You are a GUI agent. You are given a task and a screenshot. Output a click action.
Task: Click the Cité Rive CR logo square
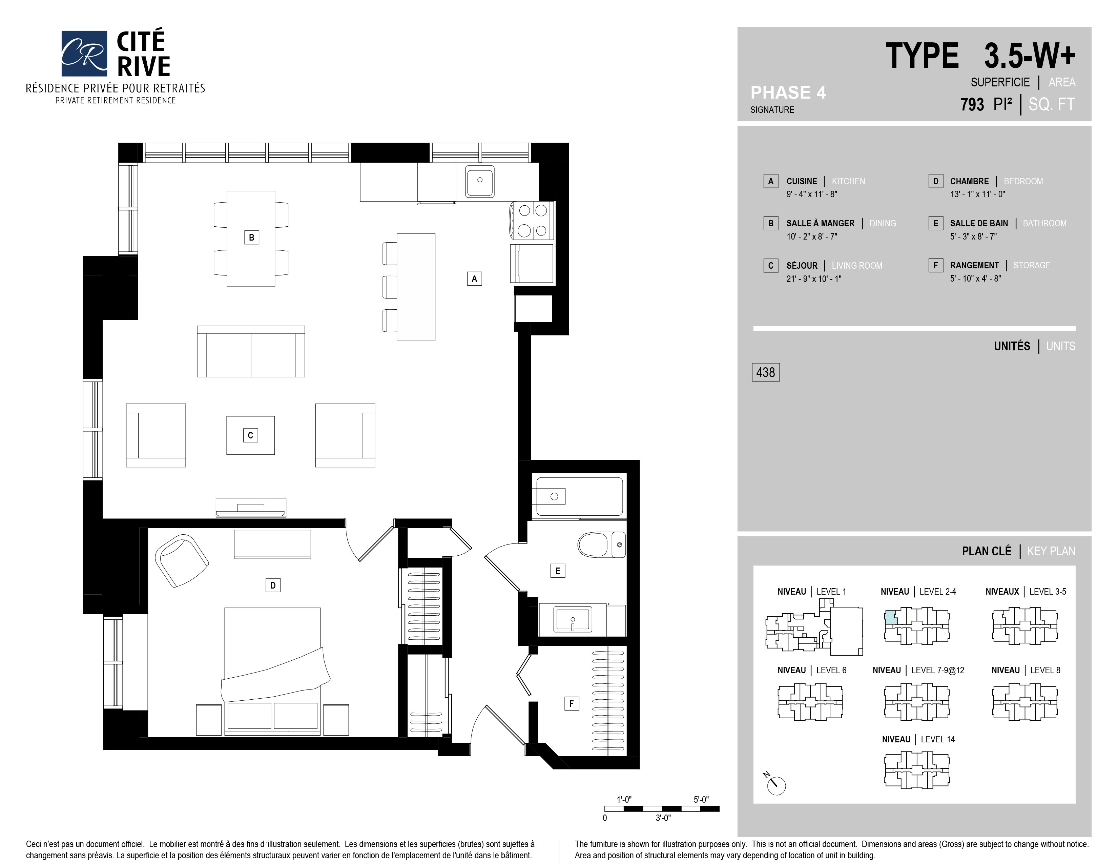point(84,53)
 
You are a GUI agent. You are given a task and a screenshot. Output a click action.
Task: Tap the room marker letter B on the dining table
point(251,238)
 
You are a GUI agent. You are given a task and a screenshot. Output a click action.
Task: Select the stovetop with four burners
point(532,221)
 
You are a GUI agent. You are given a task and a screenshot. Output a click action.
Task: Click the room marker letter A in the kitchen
point(474,279)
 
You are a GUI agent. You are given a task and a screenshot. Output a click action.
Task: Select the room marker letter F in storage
point(571,703)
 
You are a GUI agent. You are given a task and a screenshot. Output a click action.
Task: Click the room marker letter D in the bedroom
point(273,585)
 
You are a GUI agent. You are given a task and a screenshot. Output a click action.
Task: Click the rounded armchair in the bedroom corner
point(181,560)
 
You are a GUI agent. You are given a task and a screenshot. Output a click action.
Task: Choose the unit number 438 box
point(765,372)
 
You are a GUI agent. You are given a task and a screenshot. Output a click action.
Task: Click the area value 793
point(972,104)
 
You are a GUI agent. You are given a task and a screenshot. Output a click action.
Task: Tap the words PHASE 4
point(788,92)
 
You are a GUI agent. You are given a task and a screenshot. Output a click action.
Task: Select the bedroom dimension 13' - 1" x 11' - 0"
point(977,194)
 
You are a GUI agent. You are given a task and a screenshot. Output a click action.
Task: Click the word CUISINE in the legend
point(802,181)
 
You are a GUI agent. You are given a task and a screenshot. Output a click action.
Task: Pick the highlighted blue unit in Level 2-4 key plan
point(891,617)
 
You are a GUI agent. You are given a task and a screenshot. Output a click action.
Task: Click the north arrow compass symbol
point(775,785)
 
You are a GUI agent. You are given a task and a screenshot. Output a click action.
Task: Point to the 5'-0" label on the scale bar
point(701,800)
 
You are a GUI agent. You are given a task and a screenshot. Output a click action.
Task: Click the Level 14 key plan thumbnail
point(916,769)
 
